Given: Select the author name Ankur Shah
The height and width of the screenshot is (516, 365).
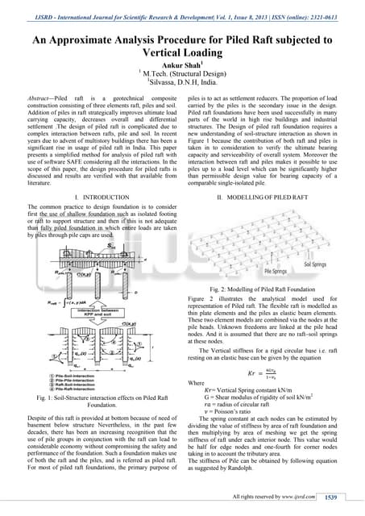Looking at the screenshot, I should point(182,69).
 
